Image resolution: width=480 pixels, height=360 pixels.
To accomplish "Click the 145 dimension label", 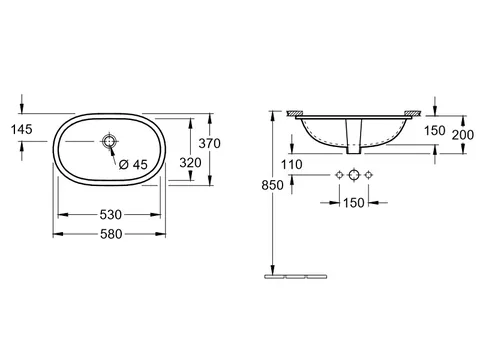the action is (22, 129).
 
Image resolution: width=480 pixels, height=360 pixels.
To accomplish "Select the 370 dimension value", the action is (209, 143).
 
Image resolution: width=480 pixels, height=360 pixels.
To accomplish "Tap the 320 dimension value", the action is (190, 163).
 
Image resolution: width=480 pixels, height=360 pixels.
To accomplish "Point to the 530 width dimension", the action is (111, 215).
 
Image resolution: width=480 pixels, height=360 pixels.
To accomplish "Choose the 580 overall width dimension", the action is (111, 234).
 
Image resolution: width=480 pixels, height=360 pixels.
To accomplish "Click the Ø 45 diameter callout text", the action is (133, 164).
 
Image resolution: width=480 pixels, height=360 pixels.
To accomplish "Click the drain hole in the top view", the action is (109, 141).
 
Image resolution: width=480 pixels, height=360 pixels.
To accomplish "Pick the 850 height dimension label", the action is (272, 185).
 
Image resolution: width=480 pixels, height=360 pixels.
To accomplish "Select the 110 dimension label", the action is (292, 164).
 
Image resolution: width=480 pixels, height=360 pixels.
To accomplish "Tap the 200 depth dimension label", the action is (463, 135).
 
